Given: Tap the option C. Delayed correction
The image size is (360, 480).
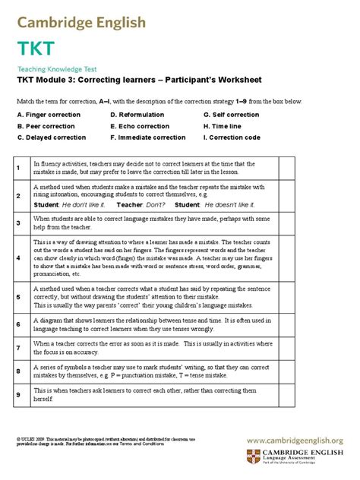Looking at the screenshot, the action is tap(52, 139).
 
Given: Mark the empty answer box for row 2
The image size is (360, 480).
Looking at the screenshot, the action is tap(287, 195).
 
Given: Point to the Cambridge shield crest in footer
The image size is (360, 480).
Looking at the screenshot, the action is tap(252, 457).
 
